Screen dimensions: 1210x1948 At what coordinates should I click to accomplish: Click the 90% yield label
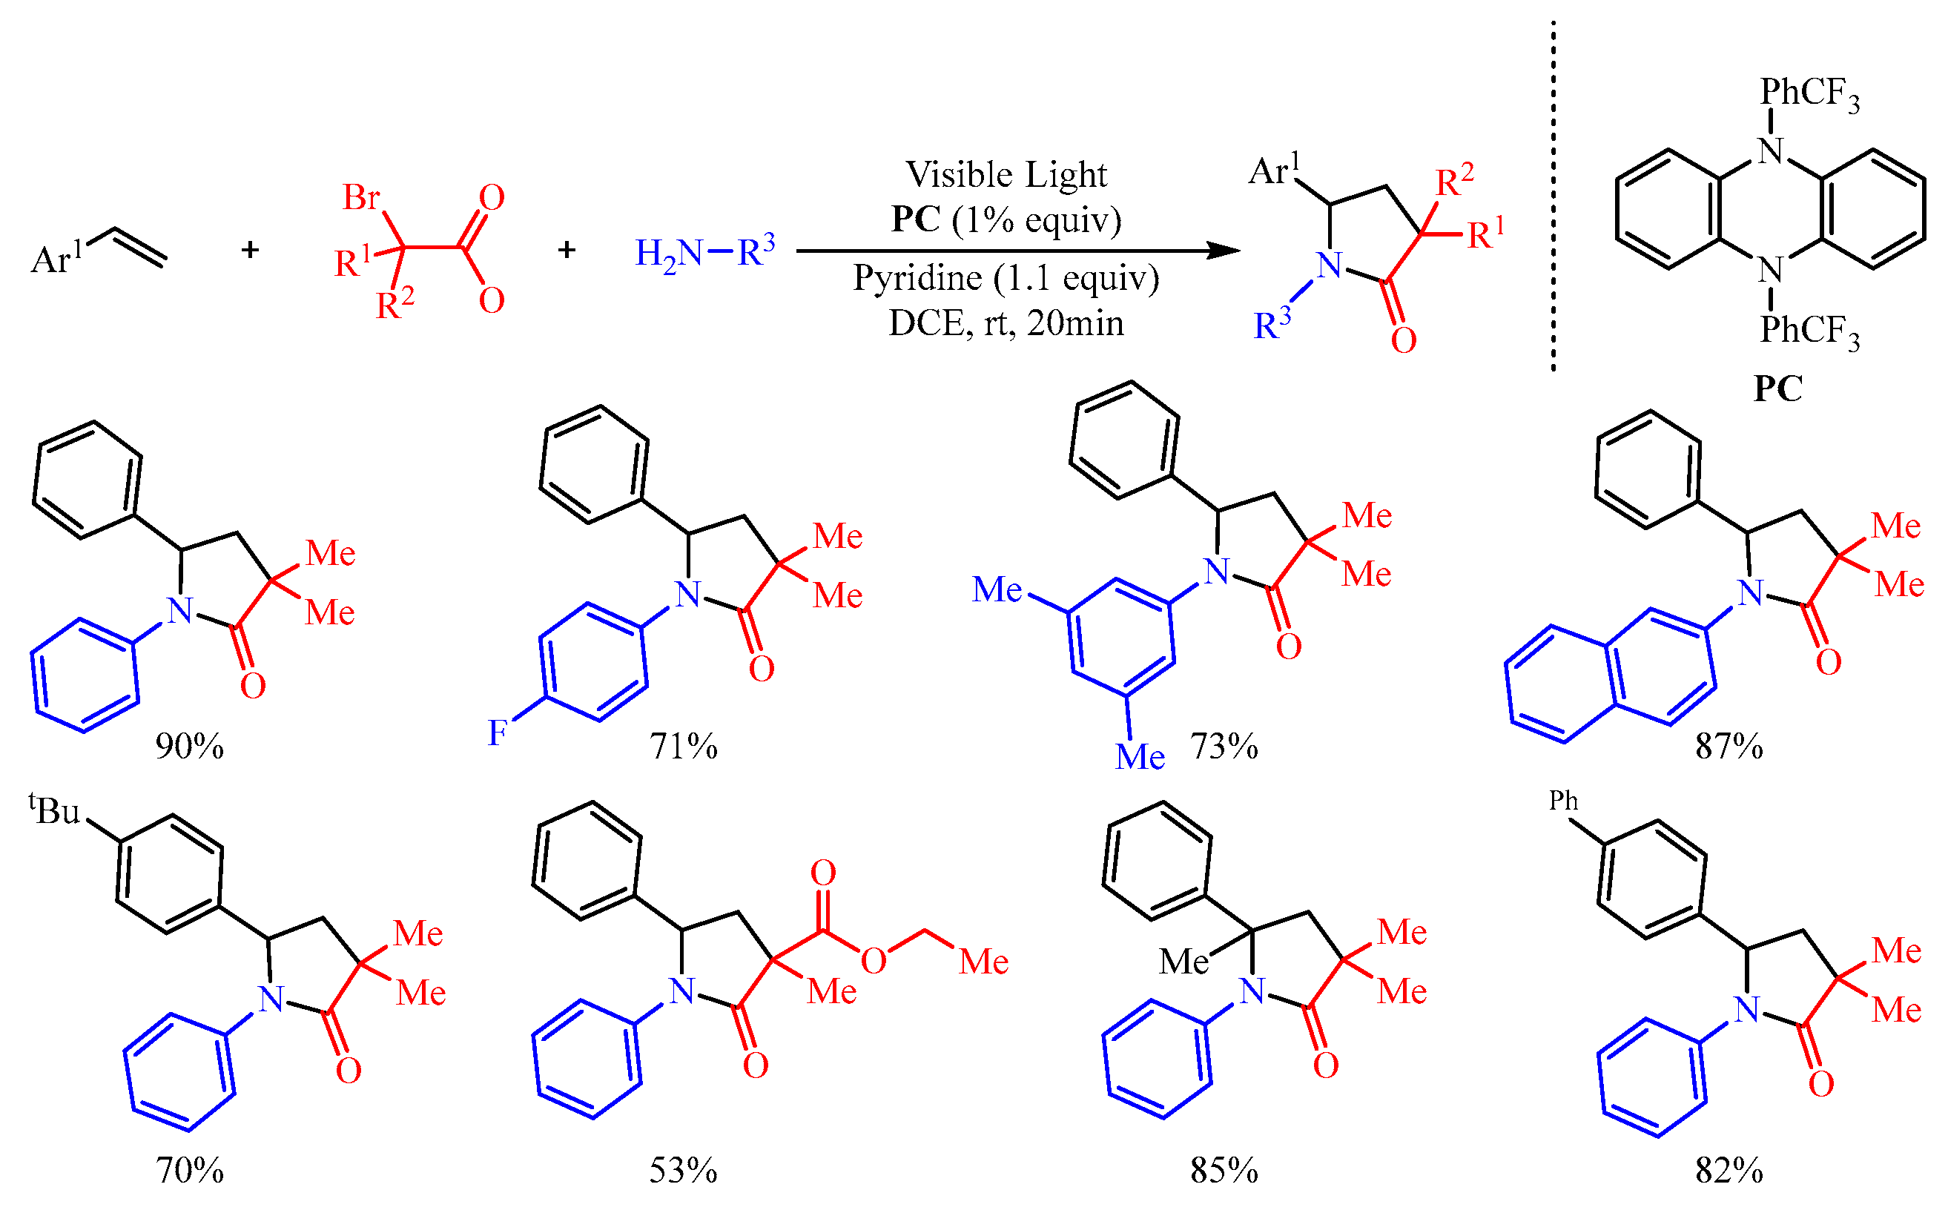190,747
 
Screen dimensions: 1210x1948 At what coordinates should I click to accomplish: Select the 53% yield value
683,1171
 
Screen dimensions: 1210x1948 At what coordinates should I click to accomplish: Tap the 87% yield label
1729,747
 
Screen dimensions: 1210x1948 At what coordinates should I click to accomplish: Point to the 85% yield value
1224,1171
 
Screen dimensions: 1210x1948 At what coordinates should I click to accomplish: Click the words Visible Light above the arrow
1006,174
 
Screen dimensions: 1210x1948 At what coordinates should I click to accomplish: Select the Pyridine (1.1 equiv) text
1006,278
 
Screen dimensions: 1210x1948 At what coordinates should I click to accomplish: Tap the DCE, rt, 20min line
1006,323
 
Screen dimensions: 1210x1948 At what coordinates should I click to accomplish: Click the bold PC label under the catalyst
1778,389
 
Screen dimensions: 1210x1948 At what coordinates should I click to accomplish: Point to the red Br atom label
361,197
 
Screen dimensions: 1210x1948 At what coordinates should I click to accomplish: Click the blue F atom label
497,733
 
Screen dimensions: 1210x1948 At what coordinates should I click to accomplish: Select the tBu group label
55,810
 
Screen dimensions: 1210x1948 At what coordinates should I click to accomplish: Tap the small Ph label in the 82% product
1563,801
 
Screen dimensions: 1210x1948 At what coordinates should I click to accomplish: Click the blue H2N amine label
668,254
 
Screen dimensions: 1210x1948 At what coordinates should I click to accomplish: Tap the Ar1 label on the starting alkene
56,258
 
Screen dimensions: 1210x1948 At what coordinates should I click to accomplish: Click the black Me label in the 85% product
1183,961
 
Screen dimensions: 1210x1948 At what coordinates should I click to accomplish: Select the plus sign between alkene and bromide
251,251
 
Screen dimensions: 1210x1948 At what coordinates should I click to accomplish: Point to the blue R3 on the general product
1272,324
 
